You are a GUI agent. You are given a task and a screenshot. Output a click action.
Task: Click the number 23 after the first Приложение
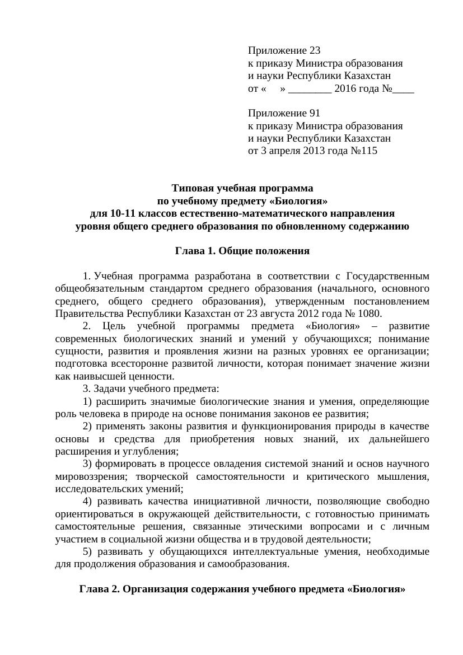click(x=314, y=50)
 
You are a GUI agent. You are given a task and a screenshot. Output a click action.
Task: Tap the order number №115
click(x=362, y=151)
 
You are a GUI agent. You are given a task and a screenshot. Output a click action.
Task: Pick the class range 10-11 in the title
click(x=122, y=214)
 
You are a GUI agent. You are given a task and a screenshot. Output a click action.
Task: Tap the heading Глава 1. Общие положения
click(x=242, y=251)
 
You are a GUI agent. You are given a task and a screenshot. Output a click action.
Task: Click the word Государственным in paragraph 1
click(x=388, y=276)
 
